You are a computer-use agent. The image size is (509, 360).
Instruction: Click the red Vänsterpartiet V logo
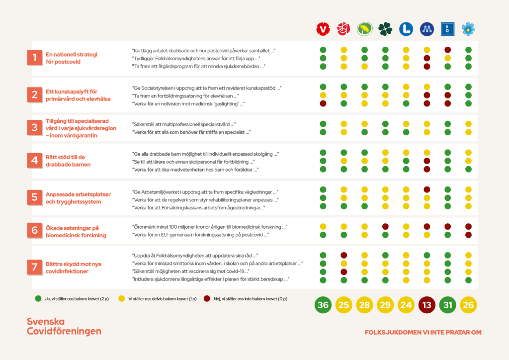pyautogui.click(x=323, y=29)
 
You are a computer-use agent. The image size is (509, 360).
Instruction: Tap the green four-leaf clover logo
pyautogui.click(x=385, y=29)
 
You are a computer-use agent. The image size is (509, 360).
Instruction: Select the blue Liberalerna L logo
pyautogui.click(x=406, y=29)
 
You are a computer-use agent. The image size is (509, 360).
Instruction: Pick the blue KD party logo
pyautogui.click(x=448, y=29)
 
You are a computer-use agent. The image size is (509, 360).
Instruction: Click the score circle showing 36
pyautogui.click(x=323, y=305)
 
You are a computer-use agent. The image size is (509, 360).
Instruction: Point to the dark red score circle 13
pyautogui.click(x=426, y=305)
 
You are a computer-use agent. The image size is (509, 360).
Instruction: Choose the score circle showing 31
pyautogui.click(x=448, y=305)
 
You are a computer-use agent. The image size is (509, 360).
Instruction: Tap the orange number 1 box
pyautogui.click(x=34, y=58)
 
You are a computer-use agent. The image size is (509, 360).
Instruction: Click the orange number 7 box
pyautogui.click(x=34, y=268)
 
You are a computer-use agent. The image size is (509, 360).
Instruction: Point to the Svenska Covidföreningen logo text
pyautogui.click(x=64, y=326)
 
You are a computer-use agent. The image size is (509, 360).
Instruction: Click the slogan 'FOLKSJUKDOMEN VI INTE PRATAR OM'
pyautogui.click(x=423, y=332)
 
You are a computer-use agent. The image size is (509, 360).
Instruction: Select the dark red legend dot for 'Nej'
pyautogui.click(x=206, y=299)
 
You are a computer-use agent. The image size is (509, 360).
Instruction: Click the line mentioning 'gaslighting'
pyautogui.click(x=189, y=103)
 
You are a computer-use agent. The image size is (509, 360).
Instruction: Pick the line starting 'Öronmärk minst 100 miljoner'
pyautogui.click(x=209, y=226)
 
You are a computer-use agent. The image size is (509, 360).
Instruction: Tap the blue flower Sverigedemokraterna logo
pyautogui.click(x=468, y=29)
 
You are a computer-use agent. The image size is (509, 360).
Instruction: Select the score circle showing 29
pyautogui.click(x=385, y=305)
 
